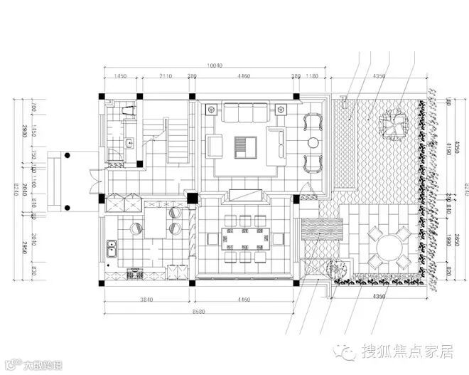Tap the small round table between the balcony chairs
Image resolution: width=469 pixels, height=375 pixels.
[x=313, y=142]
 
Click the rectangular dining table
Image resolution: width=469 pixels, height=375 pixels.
[x=243, y=238]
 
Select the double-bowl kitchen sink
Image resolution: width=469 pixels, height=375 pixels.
[x=112, y=250]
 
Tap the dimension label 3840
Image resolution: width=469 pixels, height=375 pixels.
[x=146, y=300]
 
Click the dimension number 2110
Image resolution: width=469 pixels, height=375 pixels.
[x=166, y=76]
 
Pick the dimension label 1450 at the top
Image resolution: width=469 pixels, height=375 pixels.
[x=119, y=76]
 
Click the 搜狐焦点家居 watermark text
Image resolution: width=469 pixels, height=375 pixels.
[x=407, y=351]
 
